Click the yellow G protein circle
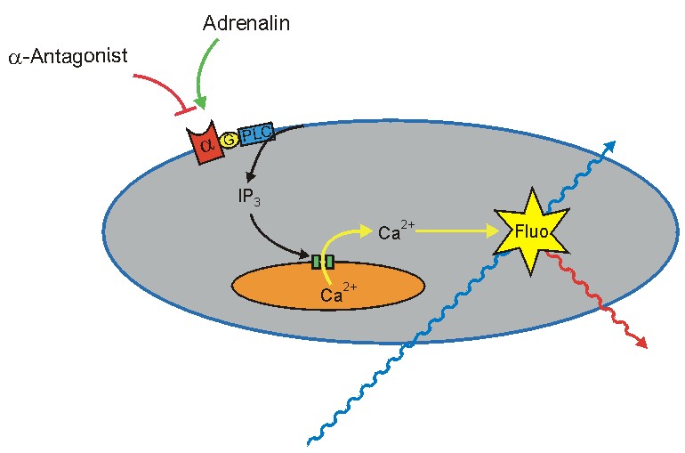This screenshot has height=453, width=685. [x=229, y=139]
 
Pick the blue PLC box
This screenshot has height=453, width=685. [x=257, y=134]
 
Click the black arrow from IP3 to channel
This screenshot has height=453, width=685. [x=267, y=240]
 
